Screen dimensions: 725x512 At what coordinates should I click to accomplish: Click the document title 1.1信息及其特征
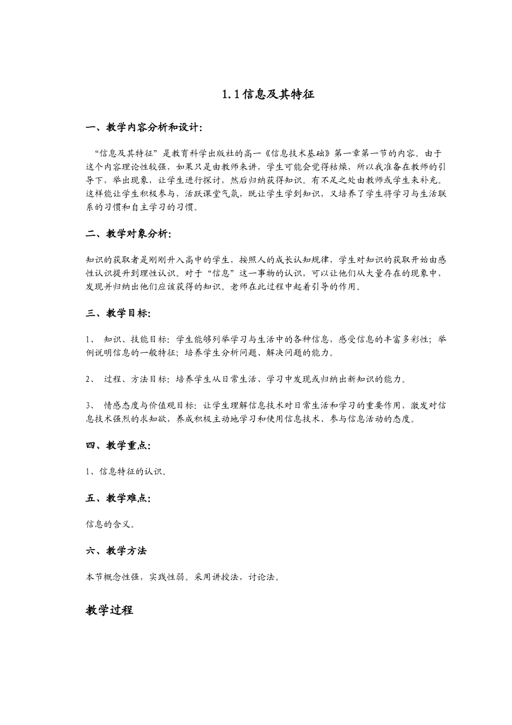click(x=267, y=94)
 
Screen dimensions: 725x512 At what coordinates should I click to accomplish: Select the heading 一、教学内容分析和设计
click(x=144, y=128)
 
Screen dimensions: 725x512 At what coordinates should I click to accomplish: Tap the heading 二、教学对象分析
click(x=129, y=234)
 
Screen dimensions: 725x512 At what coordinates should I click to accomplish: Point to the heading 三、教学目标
click(x=118, y=313)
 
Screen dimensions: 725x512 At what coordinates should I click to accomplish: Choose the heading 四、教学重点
click(x=118, y=445)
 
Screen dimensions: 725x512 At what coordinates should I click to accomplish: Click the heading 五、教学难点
click(x=118, y=498)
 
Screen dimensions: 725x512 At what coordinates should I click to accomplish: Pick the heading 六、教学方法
click(x=116, y=551)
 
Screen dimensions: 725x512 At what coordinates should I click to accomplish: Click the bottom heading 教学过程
click(x=109, y=610)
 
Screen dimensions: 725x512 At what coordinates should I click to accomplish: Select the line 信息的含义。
click(x=110, y=524)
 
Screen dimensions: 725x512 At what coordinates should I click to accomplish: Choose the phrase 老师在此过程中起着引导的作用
click(x=293, y=286)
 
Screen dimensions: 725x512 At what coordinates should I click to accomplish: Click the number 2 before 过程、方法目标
click(x=88, y=379)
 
